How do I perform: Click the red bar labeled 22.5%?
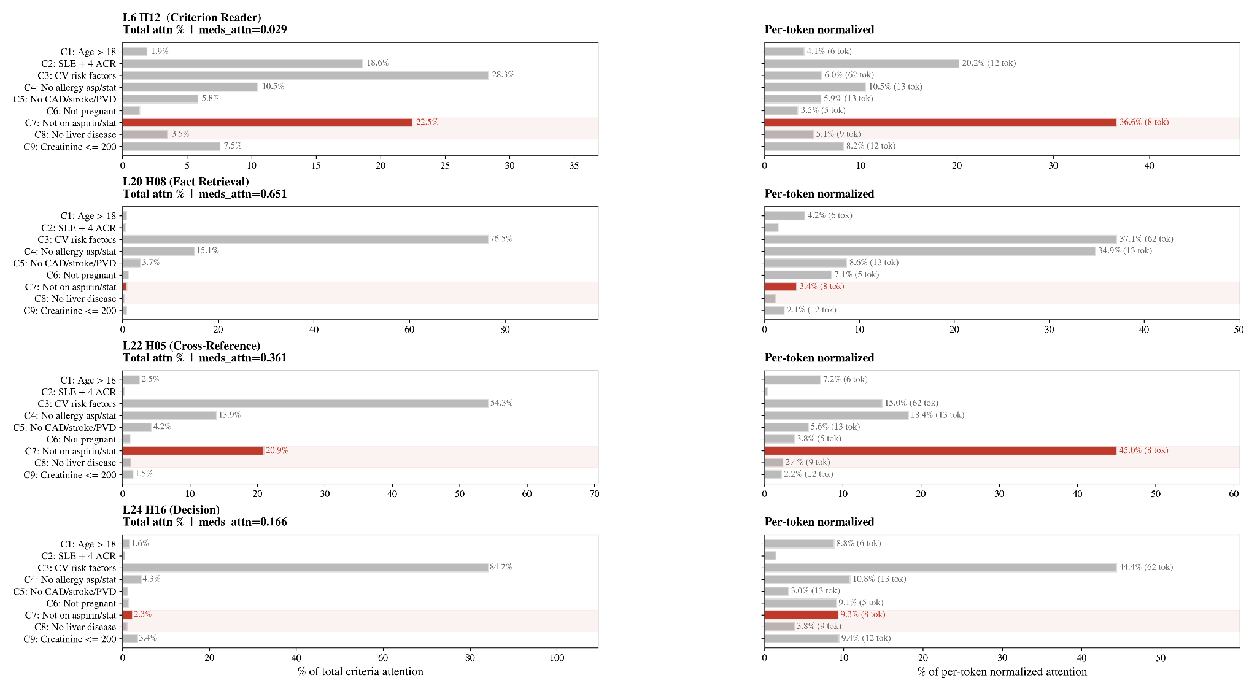(267, 123)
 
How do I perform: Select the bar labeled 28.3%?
(305, 75)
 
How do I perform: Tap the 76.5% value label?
(501, 239)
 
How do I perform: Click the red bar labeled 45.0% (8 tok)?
(940, 450)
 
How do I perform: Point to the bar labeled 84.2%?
(305, 568)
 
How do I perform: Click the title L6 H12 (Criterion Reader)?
(191, 17)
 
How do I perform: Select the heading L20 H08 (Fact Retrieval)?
(186, 182)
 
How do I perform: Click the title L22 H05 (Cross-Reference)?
(191, 345)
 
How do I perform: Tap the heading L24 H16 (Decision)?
(171, 509)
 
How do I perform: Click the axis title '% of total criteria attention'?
(360, 671)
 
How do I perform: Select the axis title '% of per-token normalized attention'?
(1002, 671)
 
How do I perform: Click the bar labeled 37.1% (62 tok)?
(940, 239)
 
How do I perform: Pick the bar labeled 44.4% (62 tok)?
(940, 568)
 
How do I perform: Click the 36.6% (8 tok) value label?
(1144, 122)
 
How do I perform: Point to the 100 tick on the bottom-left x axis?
(557, 658)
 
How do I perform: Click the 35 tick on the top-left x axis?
(574, 166)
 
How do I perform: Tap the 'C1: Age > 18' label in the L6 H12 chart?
(88, 52)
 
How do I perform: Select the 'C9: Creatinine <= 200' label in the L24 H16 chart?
(70, 639)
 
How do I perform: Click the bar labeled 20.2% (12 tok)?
(862, 63)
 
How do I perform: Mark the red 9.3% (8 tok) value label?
(863, 614)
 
